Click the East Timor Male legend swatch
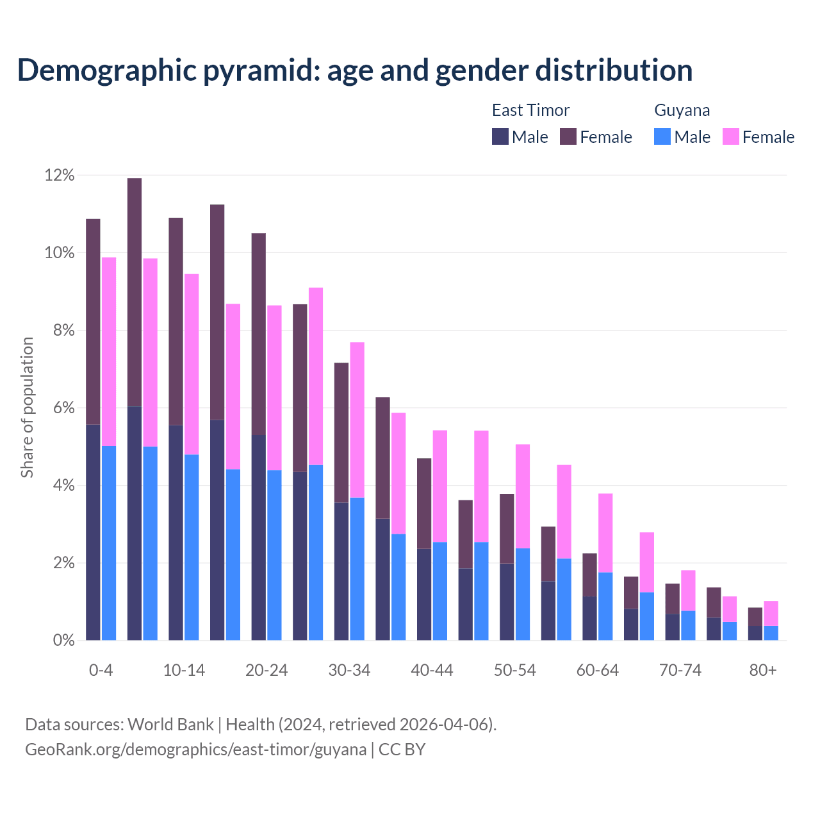[x=500, y=137]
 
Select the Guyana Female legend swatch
[x=730, y=137]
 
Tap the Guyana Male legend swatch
[x=662, y=137]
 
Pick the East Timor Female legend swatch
[x=568, y=137]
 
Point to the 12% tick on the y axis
[x=60, y=175]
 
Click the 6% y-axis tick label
[x=60, y=408]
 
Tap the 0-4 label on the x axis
[x=101, y=671]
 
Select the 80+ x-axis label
[x=763, y=671]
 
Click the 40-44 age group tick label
[x=432, y=671]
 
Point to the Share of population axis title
[x=27, y=407]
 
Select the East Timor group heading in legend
[x=530, y=110]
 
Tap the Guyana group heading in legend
[x=682, y=110]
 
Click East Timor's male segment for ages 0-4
[x=93, y=532]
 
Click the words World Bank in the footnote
[x=170, y=725]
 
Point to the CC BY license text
[x=402, y=750]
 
